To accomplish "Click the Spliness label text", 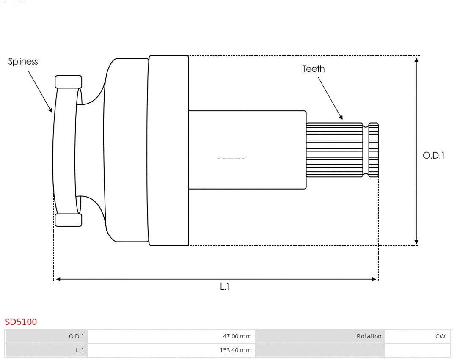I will pos(23,62).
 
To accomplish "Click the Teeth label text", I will pos(314,69).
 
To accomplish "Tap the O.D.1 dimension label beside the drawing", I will pos(433,155).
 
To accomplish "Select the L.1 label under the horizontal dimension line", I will pos(225,287).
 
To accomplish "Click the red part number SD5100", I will pos(21,322).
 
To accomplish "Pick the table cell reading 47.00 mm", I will pos(237,337).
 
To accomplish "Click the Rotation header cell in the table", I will pos(369,337).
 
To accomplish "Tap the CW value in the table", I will pos(440,337).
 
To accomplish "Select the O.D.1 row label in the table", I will pos(77,337).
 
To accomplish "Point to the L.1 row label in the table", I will pos(80,350).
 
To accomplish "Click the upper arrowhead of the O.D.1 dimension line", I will pos(417,60).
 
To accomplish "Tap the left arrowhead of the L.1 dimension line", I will pos(58,279).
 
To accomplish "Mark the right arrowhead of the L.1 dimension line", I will pos(374,279).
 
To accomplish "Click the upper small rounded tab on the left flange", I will pos(68,82).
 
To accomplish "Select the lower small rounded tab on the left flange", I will pos(68,220).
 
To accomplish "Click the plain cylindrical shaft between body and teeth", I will pos(247,150).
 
